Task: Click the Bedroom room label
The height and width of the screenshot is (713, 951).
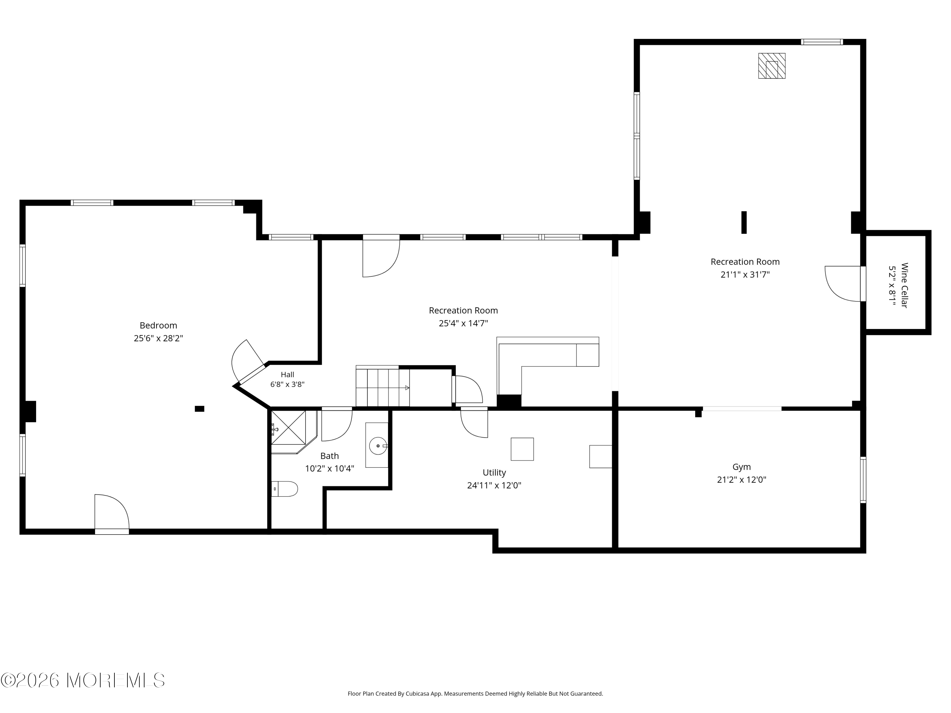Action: click(158, 326)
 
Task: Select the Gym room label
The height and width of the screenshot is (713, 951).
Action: click(742, 467)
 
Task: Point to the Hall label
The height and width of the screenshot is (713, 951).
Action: click(287, 374)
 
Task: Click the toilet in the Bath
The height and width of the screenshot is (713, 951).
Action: click(285, 489)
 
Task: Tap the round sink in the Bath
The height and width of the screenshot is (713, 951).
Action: click(378, 446)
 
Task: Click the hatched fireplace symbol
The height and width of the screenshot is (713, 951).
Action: click(771, 66)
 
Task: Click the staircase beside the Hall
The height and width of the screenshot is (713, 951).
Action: click(383, 386)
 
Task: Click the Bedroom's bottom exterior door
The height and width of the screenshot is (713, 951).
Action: click(112, 514)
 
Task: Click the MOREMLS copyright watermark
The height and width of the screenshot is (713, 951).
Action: click(82, 680)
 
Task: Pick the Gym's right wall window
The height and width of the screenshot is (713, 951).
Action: click(863, 480)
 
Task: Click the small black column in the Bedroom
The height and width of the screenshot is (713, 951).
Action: click(199, 409)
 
